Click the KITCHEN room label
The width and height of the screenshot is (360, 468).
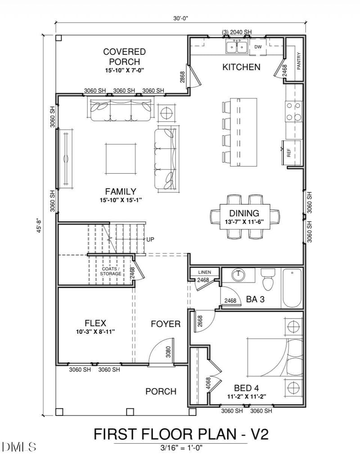241,67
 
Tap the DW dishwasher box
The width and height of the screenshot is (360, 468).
258,46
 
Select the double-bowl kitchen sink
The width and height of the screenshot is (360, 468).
236,46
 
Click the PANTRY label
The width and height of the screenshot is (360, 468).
298,61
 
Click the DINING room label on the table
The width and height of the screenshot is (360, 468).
244,213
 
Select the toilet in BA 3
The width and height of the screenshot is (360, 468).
268,281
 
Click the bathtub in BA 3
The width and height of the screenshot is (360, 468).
292,288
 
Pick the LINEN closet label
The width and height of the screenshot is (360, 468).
204,272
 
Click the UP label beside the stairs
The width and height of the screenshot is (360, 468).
150,239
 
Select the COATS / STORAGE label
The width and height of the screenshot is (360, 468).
111,271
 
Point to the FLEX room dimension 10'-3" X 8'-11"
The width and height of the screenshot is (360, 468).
95,332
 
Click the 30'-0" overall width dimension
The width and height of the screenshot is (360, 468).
180,18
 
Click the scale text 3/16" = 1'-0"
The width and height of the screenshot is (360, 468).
180,448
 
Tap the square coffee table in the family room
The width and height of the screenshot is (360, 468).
121,159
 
